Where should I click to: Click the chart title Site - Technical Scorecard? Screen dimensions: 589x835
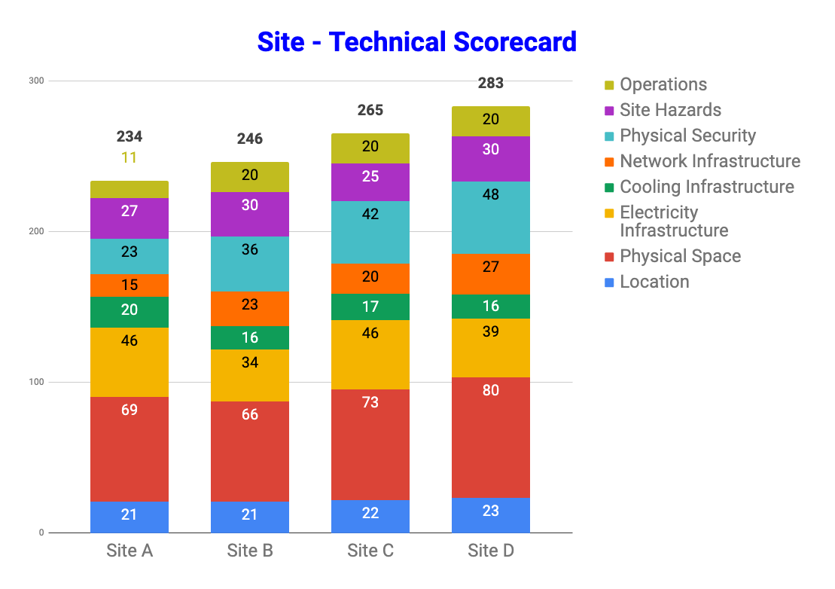[x=416, y=41]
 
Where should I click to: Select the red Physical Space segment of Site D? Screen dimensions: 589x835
[x=491, y=437]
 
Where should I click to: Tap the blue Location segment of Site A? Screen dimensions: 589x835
[x=130, y=517]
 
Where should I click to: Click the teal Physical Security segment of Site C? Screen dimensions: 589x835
[x=370, y=232]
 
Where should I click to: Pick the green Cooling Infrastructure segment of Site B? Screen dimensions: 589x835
[x=250, y=337]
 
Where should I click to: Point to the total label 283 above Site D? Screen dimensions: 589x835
[x=491, y=83]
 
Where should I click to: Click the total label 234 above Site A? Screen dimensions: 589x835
[x=130, y=136]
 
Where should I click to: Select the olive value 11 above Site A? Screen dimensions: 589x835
[x=130, y=157]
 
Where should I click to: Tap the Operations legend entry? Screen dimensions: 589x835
[x=663, y=84]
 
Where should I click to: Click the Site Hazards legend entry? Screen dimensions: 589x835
[x=670, y=110]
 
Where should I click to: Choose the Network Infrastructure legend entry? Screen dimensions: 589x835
[x=709, y=161]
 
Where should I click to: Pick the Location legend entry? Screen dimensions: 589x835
[x=654, y=282]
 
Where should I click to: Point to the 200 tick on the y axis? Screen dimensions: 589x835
[x=36, y=231]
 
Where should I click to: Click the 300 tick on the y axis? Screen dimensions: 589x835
[x=36, y=81]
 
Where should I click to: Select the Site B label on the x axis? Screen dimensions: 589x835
[x=250, y=551]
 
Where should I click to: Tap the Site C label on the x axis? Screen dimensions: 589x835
[x=370, y=551]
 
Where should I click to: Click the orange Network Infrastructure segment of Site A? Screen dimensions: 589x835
[x=130, y=285]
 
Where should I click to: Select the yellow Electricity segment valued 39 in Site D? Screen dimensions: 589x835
[x=491, y=348]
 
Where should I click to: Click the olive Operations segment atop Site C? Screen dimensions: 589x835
[x=370, y=148]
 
